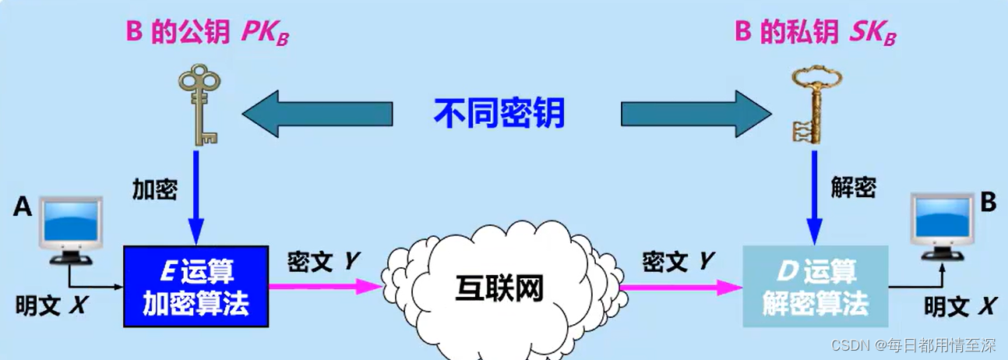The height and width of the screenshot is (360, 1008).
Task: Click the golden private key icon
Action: point(812,105)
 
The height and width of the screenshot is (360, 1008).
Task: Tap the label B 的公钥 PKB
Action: point(207,34)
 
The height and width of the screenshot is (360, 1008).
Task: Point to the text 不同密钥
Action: point(499,114)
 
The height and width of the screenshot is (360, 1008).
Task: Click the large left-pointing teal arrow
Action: point(317,115)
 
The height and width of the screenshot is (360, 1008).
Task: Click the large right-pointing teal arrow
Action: point(686,115)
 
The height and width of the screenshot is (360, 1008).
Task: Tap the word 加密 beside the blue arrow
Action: point(156,189)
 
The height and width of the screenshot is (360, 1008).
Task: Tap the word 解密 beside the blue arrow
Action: point(854,187)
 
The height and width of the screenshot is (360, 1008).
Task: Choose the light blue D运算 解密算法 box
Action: point(815,286)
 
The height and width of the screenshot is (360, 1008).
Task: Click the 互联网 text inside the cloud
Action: point(499,290)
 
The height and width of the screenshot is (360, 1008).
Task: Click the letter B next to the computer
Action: point(988,203)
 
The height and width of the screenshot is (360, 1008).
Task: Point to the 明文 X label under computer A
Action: point(51,305)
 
